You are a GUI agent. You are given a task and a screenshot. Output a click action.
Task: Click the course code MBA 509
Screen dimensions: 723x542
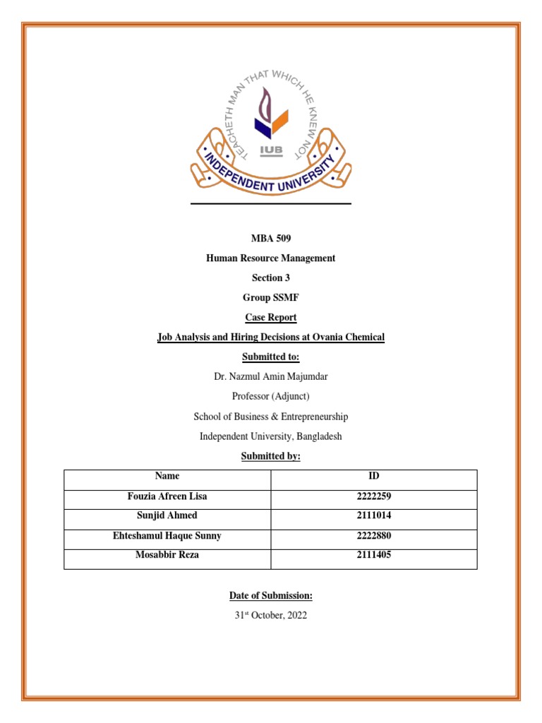tap(271, 239)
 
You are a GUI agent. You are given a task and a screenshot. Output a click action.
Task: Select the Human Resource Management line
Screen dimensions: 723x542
tap(271, 258)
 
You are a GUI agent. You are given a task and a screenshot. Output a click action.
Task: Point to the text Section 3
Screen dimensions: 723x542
tap(271, 278)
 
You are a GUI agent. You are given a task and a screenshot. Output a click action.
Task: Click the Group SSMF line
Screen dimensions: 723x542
tap(271, 298)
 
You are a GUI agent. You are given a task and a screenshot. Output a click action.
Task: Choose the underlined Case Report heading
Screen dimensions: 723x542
tap(271, 318)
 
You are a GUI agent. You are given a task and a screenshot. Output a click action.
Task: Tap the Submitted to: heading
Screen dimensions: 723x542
tap(271, 357)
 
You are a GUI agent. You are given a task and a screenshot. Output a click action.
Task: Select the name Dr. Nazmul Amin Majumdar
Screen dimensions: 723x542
tap(271, 377)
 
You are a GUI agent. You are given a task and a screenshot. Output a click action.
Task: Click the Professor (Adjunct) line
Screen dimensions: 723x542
tap(271, 397)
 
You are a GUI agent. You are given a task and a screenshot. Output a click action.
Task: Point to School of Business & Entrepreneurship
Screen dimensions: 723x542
tap(271, 417)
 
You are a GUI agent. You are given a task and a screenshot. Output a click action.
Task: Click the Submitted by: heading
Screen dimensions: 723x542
tap(271, 456)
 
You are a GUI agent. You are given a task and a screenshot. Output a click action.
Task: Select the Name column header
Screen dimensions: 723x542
tap(167, 477)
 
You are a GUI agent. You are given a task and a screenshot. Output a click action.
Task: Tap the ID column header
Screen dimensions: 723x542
tap(374, 477)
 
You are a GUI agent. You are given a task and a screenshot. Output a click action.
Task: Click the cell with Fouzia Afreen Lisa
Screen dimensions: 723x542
tap(167, 496)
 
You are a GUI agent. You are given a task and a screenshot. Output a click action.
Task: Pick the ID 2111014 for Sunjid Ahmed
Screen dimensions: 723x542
tap(374, 516)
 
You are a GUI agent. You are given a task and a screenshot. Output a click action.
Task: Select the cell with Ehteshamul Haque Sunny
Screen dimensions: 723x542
tap(167, 536)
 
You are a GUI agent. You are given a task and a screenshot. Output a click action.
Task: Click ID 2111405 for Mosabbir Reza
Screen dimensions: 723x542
tap(374, 555)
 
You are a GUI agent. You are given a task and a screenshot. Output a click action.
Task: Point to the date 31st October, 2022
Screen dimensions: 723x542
tap(271, 616)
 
